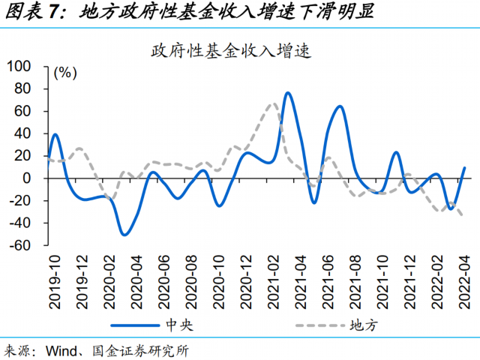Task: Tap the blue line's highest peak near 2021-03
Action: [288, 93]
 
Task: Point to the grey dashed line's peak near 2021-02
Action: [273, 104]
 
